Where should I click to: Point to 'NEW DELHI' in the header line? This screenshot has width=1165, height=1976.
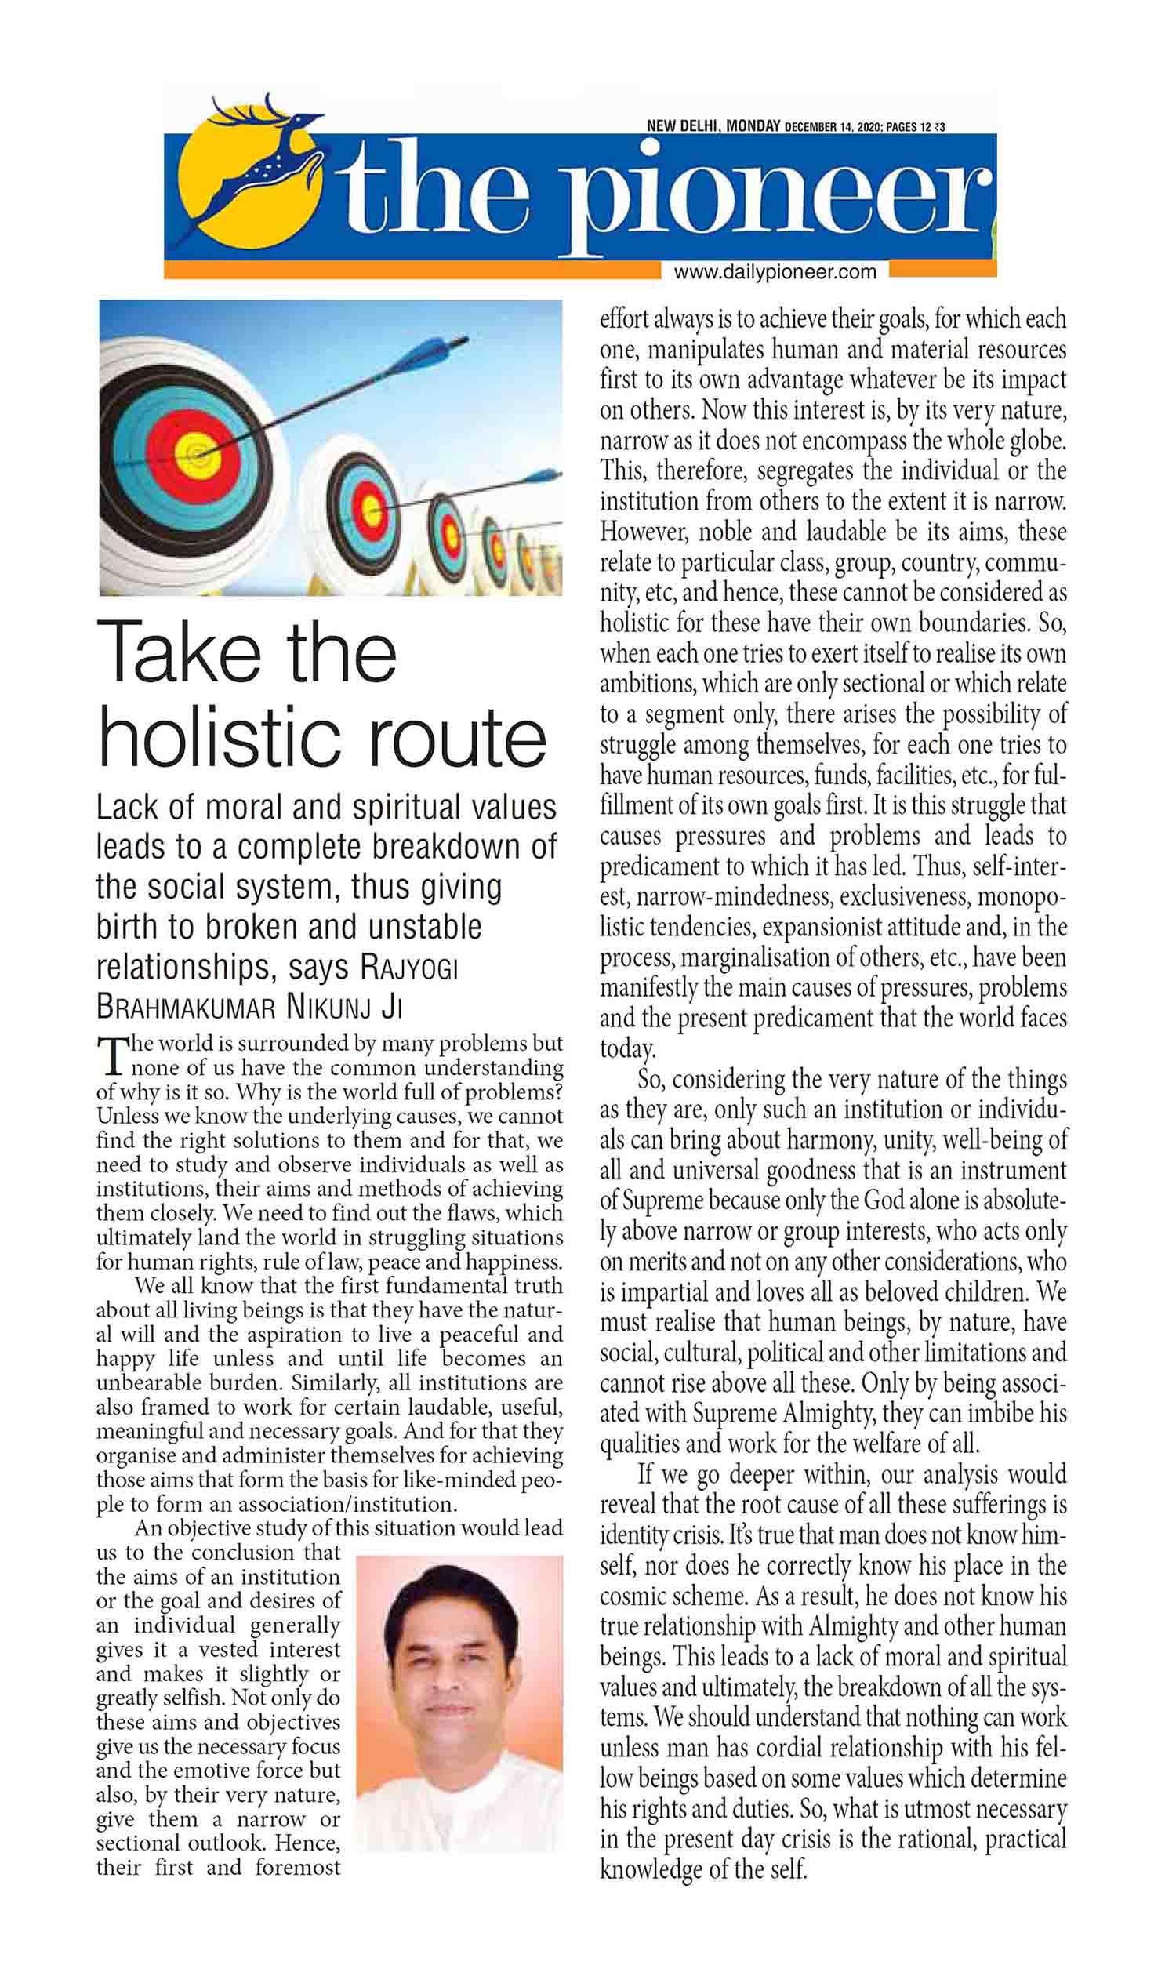681,125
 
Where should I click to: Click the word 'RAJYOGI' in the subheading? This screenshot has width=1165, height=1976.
408,968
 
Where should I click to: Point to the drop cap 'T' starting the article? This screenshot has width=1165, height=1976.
111,1056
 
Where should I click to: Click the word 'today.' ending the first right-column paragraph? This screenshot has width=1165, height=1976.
627,1050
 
